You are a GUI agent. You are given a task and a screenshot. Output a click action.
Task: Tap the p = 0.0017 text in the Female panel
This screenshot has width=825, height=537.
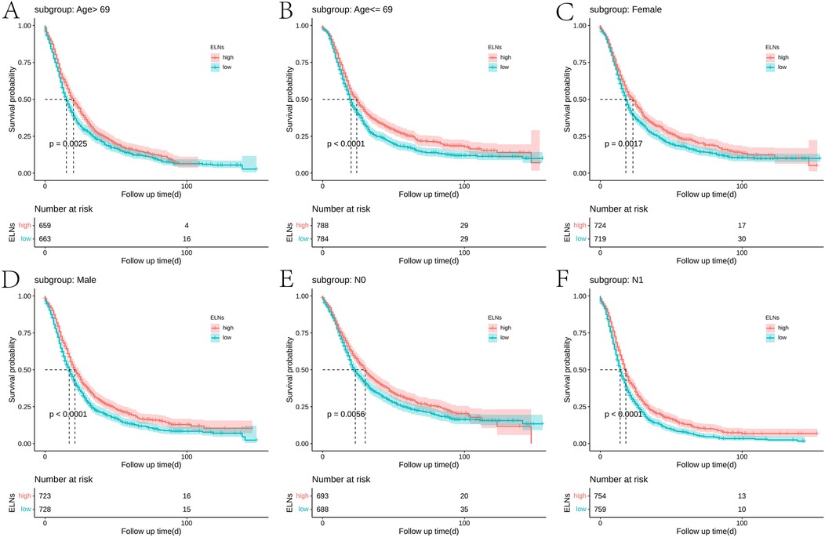[x=625, y=143]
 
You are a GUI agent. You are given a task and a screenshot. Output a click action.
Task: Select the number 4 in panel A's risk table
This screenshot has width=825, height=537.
[x=187, y=225]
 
